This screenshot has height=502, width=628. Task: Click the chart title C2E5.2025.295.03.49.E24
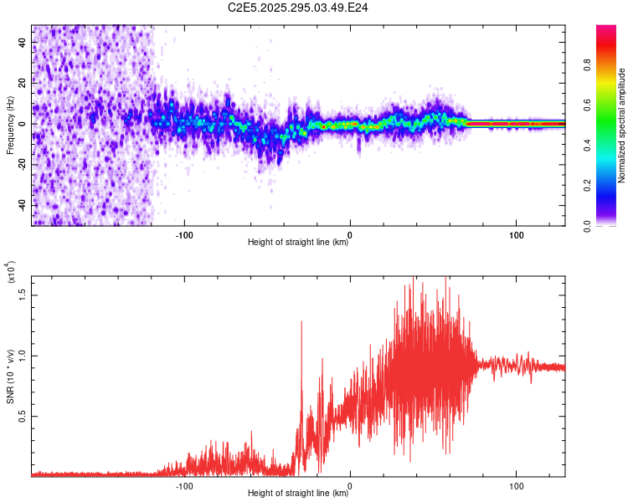click(x=299, y=8)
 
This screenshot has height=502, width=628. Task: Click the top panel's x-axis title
click(x=299, y=243)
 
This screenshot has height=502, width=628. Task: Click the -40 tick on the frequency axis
click(x=22, y=205)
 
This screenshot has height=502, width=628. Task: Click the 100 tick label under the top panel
click(x=517, y=233)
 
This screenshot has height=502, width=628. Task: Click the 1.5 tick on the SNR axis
click(x=22, y=295)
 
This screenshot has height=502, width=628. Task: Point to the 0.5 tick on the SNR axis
click(x=22, y=416)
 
